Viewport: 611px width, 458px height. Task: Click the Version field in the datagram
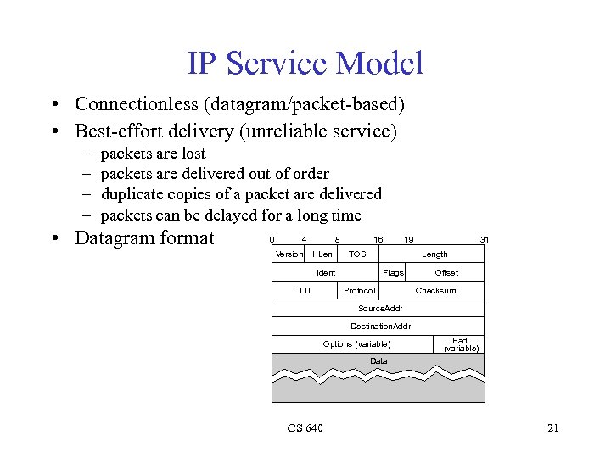tap(289, 254)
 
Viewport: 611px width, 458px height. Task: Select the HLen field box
tap(322, 254)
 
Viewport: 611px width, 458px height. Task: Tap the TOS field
tap(357, 254)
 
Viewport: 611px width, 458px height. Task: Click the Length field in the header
tap(434, 254)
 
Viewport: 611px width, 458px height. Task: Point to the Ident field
tap(326, 272)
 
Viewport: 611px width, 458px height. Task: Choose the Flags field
tap(393, 272)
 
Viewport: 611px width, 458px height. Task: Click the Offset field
tap(446, 272)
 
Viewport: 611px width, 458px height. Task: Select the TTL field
tap(305, 290)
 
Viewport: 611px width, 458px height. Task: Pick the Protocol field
tap(359, 290)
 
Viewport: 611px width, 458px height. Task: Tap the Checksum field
tap(435, 290)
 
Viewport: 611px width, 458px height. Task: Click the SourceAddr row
tap(378, 308)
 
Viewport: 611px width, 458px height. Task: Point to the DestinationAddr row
tap(378, 326)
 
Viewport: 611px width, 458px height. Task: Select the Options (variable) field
tap(356, 343)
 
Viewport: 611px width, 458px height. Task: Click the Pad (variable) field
tap(461, 343)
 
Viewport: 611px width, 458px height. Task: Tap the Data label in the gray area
tap(378, 361)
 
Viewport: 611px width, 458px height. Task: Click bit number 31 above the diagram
tap(484, 239)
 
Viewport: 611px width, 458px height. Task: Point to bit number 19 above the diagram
tap(409, 239)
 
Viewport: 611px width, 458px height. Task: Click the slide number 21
tap(552, 427)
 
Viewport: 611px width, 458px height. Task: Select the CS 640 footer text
tap(305, 427)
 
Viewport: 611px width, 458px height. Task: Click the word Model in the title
tap(379, 63)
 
